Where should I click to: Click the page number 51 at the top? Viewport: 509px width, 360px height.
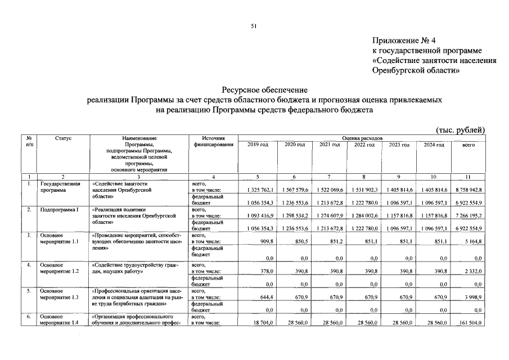(254, 26)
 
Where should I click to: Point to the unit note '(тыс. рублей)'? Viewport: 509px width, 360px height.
(461, 130)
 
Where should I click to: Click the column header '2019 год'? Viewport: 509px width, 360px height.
(258, 145)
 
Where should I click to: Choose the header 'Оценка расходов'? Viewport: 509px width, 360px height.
(363, 138)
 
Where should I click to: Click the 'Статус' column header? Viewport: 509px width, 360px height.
(63, 138)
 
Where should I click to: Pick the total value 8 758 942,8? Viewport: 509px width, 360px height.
(467, 191)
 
